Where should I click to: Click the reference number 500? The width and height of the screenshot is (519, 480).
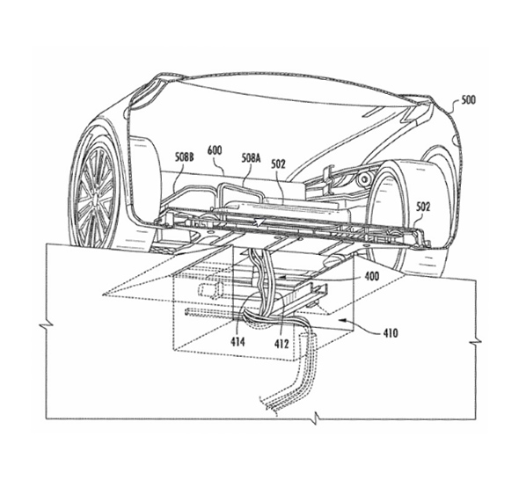pos(468,100)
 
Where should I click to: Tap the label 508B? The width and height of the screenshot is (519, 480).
pos(185,157)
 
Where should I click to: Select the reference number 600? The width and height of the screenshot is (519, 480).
pos(215,150)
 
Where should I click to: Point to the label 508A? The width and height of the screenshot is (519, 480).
pos(251,158)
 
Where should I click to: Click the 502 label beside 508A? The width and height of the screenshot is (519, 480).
pos(278,164)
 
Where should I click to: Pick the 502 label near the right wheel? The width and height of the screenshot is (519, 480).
pos(423,207)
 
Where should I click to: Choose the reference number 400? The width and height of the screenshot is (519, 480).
pos(371,276)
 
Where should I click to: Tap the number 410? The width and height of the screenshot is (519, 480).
pos(391,333)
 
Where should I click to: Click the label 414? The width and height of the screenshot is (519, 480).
pos(238,342)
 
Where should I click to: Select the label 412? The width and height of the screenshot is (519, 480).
pos(281,344)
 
